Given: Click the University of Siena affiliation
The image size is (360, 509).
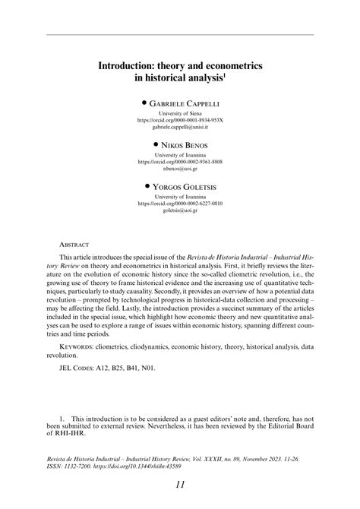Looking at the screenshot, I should click(x=180, y=112).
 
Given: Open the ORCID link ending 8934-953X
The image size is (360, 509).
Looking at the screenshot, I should click(x=180, y=120).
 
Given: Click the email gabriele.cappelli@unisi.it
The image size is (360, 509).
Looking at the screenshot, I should click(x=180, y=128).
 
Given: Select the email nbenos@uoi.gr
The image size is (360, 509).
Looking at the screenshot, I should click(x=180, y=169).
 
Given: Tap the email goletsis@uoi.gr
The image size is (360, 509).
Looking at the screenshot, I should click(x=180, y=210).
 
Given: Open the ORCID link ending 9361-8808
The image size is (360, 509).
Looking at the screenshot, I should click(x=180, y=162).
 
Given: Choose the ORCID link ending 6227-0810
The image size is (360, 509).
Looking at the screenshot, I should click(x=180, y=203).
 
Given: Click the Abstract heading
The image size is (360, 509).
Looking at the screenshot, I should click(x=74, y=245).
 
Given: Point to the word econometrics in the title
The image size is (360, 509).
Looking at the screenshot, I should click(x=228, y=67).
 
